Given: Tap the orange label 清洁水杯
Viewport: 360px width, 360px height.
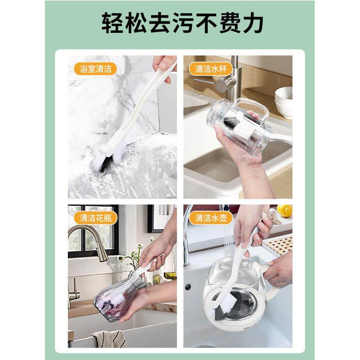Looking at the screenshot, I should pos(211,68).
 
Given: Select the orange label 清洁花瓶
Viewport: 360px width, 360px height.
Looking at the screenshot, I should pos(93,218).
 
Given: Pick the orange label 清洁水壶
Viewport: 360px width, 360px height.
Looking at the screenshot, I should pos(211,218).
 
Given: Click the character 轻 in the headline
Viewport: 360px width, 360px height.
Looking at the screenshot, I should pos(111,23).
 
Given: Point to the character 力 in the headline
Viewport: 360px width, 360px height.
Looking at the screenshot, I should pos(253,23).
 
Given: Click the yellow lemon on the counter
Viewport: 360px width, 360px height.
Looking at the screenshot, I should pos(284,210).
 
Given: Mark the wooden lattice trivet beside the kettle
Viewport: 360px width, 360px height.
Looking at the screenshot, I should pos(277,245).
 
